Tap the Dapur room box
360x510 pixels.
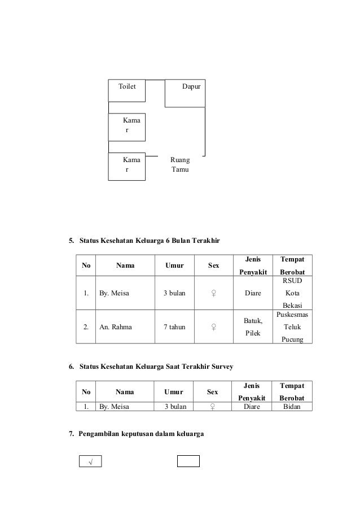[x=185, y=93]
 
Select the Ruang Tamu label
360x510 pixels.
[x=180, y=164]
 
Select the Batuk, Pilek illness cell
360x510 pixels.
[x=253, y=327]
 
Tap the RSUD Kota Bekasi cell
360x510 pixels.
[x=292, y=293]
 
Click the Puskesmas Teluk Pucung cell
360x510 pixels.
[x=292, y=327]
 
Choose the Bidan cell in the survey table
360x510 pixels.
[x=292, y=406]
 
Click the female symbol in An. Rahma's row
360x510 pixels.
[x=213, y=327]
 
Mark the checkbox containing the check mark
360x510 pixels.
[x=89, y=462]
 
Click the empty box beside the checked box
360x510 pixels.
[x=188, y=461]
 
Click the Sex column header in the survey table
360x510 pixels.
[x=213, y=391]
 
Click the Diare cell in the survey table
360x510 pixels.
[x=253, y=406]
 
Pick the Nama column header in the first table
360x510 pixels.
[x=125, y=265]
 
